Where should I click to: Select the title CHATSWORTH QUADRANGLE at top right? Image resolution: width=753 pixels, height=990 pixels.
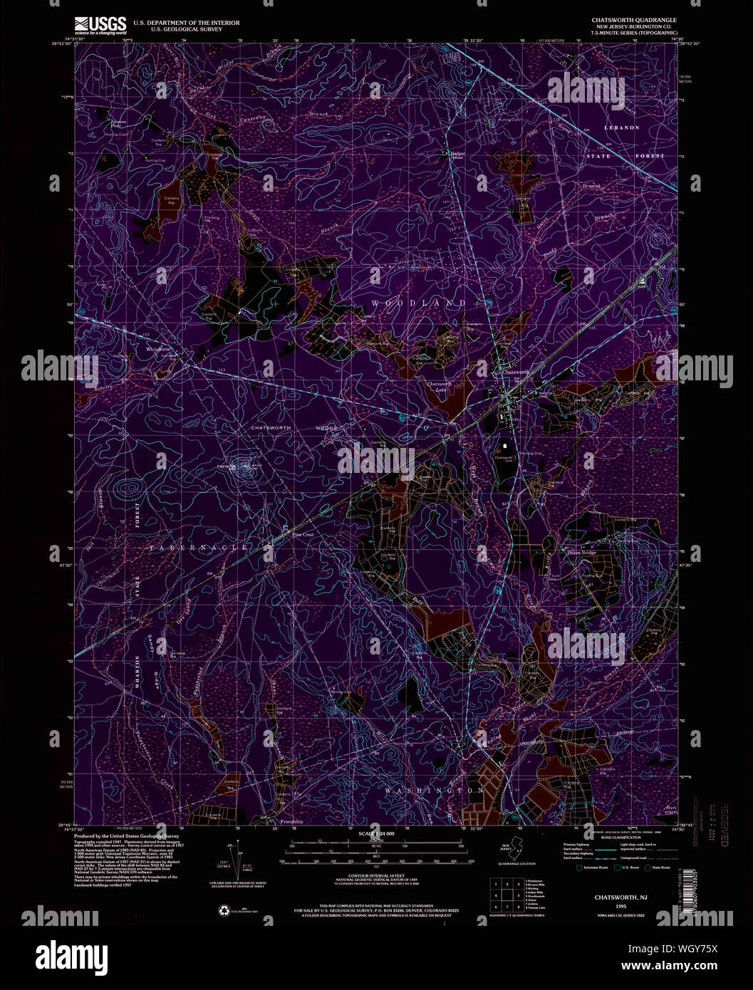point(634,20)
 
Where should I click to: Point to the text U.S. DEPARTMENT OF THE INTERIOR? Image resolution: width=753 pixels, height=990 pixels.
point(182,23)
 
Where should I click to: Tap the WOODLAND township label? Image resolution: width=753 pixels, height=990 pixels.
point(417,304)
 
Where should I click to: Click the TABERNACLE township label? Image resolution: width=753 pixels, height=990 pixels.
point(198,548)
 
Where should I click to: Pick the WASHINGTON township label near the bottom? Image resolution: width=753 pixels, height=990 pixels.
point(435,791)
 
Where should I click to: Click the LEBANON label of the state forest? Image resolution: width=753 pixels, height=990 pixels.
point(622,127)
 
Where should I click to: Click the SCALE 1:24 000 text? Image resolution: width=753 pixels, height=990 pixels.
point(376,833)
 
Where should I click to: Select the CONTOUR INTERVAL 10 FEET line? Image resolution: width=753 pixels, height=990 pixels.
point(376,873)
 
